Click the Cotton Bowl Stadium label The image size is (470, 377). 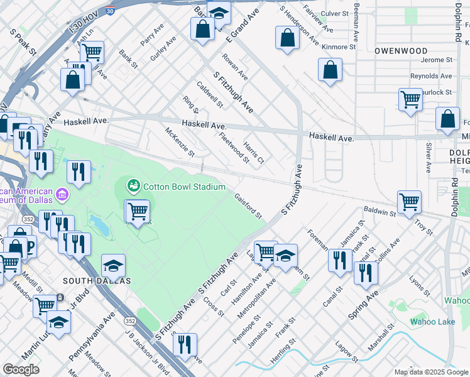tap(184, 187)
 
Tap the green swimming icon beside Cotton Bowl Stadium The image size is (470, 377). tap(133, 186)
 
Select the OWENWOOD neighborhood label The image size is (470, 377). tap(401, 50)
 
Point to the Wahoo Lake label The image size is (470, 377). tap(432, 322)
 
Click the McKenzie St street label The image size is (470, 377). tap(180, 143)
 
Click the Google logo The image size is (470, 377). tap(21, 369)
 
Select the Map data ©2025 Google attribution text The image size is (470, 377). tap(431, 372)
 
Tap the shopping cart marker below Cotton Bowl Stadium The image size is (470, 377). tap(138, 210)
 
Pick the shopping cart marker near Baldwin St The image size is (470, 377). tap(409, 202)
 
